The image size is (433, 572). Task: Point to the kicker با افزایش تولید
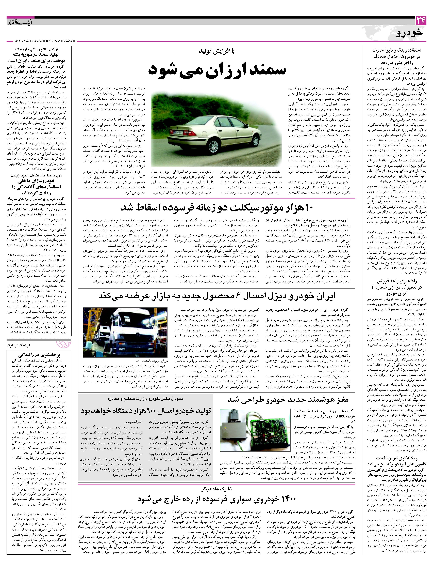(x=217, y=51)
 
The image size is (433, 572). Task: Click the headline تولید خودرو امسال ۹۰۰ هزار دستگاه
(x=146, y=410)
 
